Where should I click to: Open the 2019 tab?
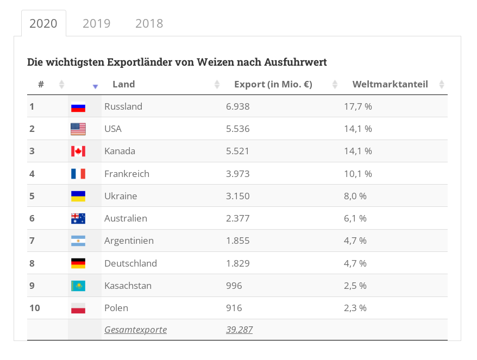(96, 23)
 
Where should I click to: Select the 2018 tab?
(149, 23)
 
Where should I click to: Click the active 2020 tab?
(43, 23)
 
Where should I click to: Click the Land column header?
(123, 84)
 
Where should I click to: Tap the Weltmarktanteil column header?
(390, 84)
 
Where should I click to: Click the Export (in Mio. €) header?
(273, 84)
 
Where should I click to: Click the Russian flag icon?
(78, 107)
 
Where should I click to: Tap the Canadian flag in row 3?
(78, 151)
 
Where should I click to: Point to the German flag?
(78, 263)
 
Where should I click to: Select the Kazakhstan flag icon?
(78, 286)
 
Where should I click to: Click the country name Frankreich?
(127, 174)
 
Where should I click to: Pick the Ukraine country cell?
(121, 196)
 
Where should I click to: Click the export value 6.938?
(237, 106)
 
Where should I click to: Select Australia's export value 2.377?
(237, 218)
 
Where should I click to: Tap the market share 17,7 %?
(357, 106)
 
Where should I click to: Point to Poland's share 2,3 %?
(355, 308)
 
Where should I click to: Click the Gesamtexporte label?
(135, 330)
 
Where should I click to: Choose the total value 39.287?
(239, 330)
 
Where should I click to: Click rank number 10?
(35, 308)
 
